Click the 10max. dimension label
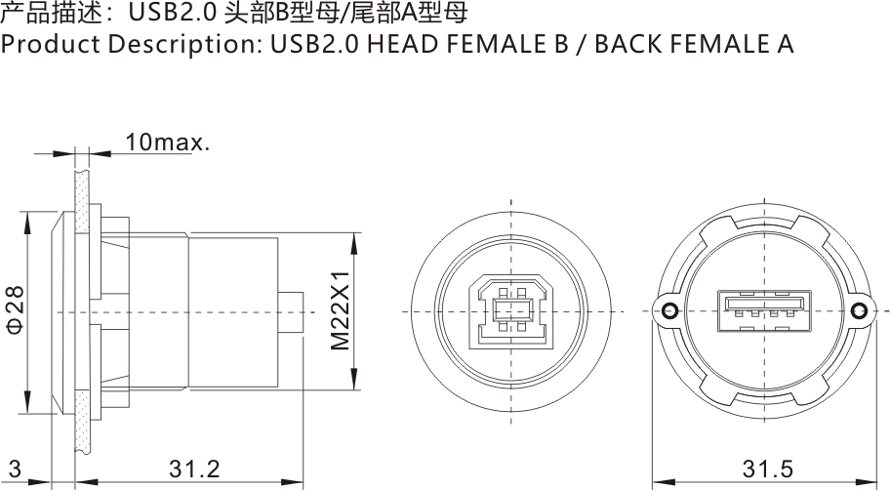pyautogui.click(x=167, y=143)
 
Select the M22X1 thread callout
pyautogui.click(x=339, y=311)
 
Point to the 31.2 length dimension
pyautogui.click(x=194, y=469)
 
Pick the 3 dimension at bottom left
pyautogui.click(x=15, y=469)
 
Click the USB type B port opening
pyautogui.click(x=510, y=311)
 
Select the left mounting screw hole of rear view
pyautogui.click(x=670, y=311)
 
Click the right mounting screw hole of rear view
pyautogui.click(x=860, y=311)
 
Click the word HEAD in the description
pyautogui.click(x=394, y=45)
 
